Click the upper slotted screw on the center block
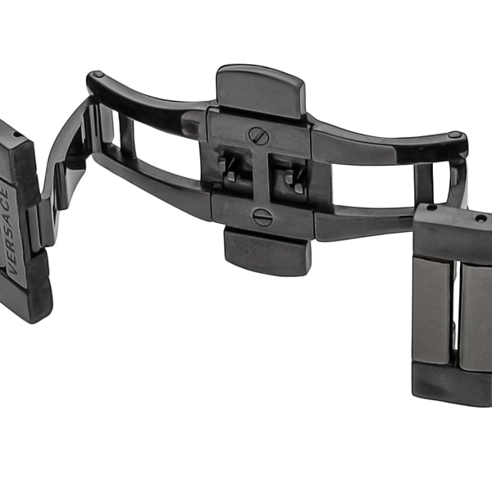tap(259, 136)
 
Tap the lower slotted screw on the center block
tap(262, 216)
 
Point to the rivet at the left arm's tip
tap(98, 75)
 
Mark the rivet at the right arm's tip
tap(455, 135)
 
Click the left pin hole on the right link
tap(434, 207)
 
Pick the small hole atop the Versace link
tap(16, 135)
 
